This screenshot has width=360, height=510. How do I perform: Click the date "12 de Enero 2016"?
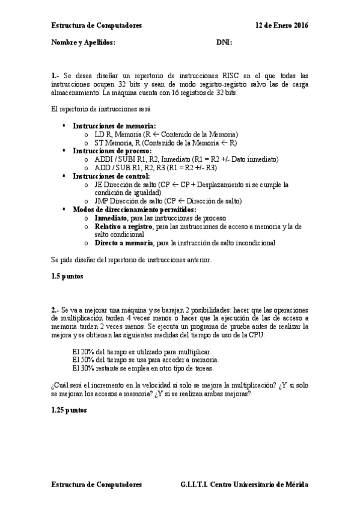(x=281, y=26)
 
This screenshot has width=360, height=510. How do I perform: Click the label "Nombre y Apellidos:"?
(x=82, y=43)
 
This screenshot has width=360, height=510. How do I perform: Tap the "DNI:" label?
(x=224, y=43)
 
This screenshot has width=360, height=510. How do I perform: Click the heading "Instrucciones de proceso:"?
(x=108, y=150)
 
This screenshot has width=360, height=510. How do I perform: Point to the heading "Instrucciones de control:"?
(x=107, y=176)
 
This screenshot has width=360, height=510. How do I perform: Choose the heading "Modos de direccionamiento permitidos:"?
(x=129, y=209)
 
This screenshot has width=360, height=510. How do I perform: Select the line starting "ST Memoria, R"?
(x=165, y=143)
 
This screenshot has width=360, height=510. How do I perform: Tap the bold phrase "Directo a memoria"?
(x=123, y=243)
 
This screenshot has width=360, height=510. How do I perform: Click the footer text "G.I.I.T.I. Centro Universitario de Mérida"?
(x=244, y=484)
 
